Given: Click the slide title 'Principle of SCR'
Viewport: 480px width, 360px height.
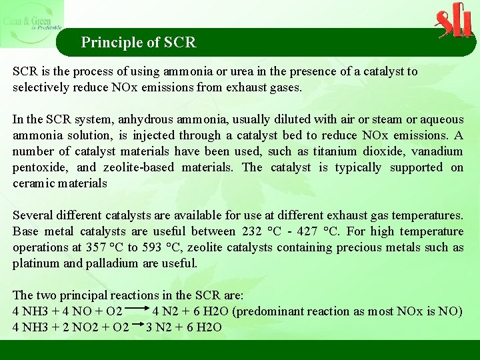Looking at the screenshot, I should (x=139, y=43).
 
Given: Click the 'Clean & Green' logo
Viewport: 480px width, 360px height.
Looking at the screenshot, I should (x=31, y=23).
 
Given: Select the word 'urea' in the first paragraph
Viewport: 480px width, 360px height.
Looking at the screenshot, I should (x=260, y=71).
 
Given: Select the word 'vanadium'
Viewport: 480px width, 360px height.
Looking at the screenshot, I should (x=437, y=151).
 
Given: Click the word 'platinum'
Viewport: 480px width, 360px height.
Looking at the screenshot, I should (x=35, y=263).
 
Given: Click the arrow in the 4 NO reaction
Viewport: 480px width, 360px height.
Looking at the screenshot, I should (x=138, y=311).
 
